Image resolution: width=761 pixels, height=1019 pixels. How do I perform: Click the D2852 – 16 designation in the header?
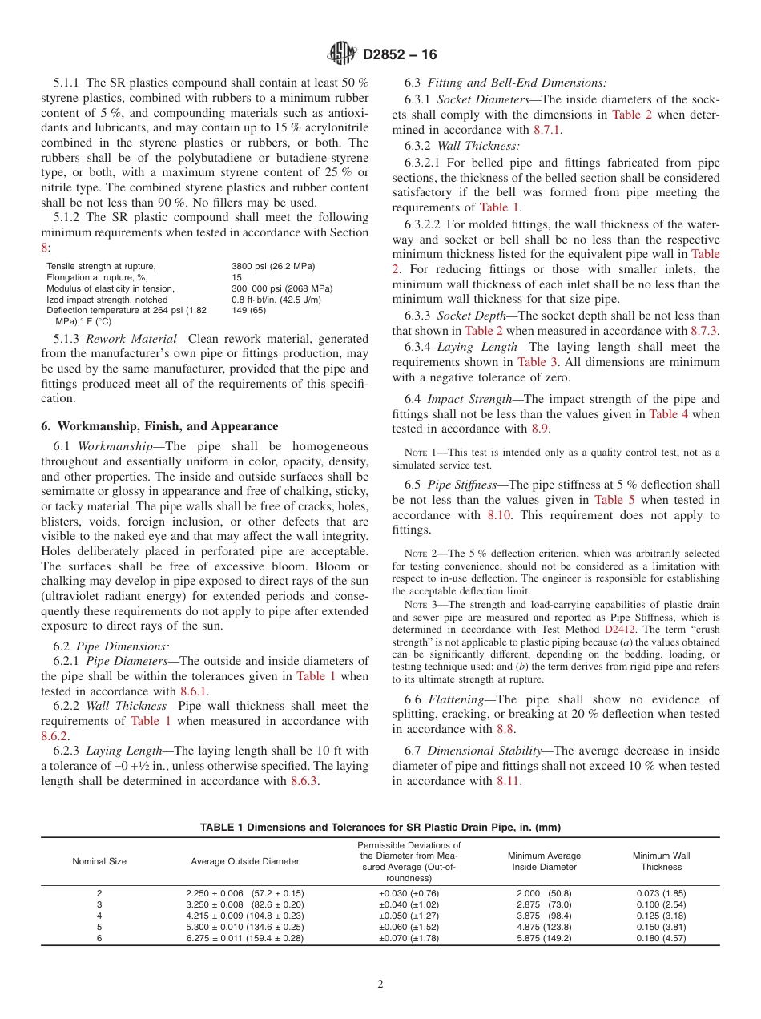pyautogui.click(x=400, y=55)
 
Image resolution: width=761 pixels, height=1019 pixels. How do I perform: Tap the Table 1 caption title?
pyautogui.click(x=380, y=827)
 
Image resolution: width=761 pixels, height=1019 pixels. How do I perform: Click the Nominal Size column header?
pyautogui.click(x=99, y=861)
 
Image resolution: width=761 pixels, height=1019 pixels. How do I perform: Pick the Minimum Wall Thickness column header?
pyautogui.click(x=661, y=861)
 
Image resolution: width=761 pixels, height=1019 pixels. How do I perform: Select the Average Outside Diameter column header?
pyautogui.click(x=245, y=861)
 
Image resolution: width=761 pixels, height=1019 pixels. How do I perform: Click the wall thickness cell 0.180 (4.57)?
pyautogui.click(x=661, y=938)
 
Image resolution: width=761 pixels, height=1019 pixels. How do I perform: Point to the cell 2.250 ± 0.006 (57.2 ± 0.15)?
pyautogui.click(x=245, y=893)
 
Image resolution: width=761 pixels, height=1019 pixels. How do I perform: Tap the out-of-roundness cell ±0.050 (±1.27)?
pyautogui.click(x=409, y=916)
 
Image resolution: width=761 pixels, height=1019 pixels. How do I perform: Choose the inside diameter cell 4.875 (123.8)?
pyautogui.click(x=544, y=927)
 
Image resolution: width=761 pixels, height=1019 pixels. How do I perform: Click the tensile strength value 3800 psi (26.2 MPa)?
pyautogui.click(x=272, y=266)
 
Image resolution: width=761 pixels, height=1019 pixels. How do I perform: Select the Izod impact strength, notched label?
pyautogui.click(x=107, y=300)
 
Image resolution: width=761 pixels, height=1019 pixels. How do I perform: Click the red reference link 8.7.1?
pyautogui.click(x=547, y=130)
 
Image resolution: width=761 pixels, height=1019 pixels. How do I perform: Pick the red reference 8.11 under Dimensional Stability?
pyautogui.click(x=509, y=781)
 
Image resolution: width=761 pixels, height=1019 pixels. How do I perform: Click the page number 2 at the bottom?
pyautogui.click(x=380, y=985)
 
